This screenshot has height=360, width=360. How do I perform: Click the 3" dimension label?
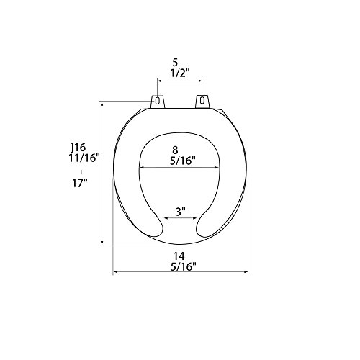tap(181, 212)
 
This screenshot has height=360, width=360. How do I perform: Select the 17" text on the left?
tap(80, 184)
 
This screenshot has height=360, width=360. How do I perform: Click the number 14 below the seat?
tap(179, 256)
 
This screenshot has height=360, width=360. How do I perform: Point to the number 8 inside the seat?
tap(176, 150)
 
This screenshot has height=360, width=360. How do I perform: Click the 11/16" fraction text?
tap(84, 158)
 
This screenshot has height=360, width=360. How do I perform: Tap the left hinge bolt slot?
tap(157, 101)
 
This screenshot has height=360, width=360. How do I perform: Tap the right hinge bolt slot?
tap(202, 100)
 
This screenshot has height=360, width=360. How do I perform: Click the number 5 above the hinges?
tap(175, 63)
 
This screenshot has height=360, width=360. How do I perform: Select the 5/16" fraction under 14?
tap(184, 266)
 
